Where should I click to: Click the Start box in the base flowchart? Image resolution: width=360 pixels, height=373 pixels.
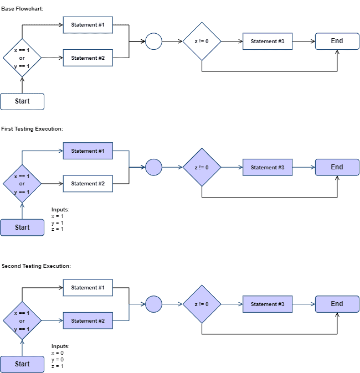tap(22, 101)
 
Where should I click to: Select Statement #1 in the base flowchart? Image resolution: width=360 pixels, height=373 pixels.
tap(88, 25)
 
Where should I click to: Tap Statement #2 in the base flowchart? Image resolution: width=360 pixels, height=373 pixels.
tap(88, 58)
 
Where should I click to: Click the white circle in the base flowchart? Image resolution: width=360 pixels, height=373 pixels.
tap(153, 42)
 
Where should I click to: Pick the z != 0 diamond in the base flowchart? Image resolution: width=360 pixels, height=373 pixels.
tap(202, 42)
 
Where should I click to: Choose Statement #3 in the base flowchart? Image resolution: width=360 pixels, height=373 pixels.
tap(268, 42)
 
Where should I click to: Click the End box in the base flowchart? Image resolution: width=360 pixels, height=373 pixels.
tap(337, 42)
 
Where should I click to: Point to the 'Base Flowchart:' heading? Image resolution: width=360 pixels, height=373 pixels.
tap(22, 9)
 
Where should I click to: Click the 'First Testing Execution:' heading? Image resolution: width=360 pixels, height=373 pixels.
tap(32, 129)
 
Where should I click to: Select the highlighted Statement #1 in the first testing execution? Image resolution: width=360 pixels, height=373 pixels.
tap(88, 151)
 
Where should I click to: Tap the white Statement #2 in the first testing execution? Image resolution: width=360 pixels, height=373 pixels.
tap(88, 183)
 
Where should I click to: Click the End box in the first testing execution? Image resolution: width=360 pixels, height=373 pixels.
tap(337, 167)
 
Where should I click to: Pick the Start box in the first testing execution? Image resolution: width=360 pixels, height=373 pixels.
tap(22, 227)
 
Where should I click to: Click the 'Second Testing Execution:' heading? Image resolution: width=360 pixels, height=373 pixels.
tap(36, 266)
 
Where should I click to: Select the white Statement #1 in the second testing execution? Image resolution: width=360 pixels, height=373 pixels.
tap(88, 288)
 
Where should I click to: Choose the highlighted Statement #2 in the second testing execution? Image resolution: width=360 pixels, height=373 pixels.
tap(88, 320)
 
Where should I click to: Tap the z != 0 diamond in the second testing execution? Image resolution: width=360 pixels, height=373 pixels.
tap(202, 304)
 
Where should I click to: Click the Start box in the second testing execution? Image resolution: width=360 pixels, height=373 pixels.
tap(22, 364)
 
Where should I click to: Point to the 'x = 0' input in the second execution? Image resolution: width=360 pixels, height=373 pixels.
tap(58, 353)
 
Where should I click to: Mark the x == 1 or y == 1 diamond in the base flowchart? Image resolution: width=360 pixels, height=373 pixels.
tap(22, 58)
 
